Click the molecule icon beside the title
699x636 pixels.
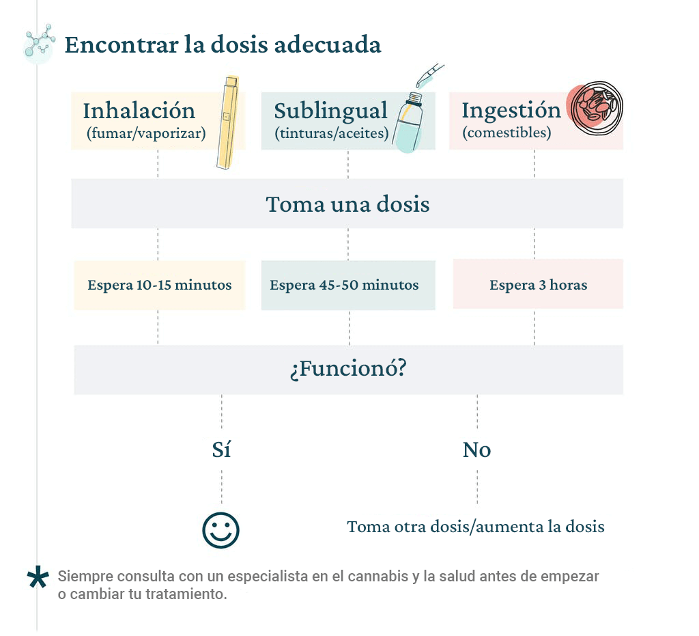(39, 43)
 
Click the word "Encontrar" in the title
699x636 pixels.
(122, 44)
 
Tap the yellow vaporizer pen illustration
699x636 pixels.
(228, 122)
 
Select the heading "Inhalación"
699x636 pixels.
(139, 111)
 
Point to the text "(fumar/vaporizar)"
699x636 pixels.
(146, 133)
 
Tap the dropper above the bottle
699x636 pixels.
(430, 75)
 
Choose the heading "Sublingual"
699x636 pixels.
(331, 111)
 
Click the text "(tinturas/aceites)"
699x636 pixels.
(332, 133)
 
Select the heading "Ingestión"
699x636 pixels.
(511, 110)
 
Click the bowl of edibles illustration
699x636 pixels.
(595, 107)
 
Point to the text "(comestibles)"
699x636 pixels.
(507, 133)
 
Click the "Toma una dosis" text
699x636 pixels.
(347, 204)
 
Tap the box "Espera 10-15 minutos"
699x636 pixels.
(160, 285)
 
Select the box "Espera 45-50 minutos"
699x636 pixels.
(348, 285)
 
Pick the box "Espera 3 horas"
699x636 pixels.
(538, 284)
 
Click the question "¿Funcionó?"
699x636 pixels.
(348, 369)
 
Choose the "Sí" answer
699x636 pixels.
(221, 450)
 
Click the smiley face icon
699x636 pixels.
(220, 530)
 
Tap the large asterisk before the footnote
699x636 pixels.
(38, 577)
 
